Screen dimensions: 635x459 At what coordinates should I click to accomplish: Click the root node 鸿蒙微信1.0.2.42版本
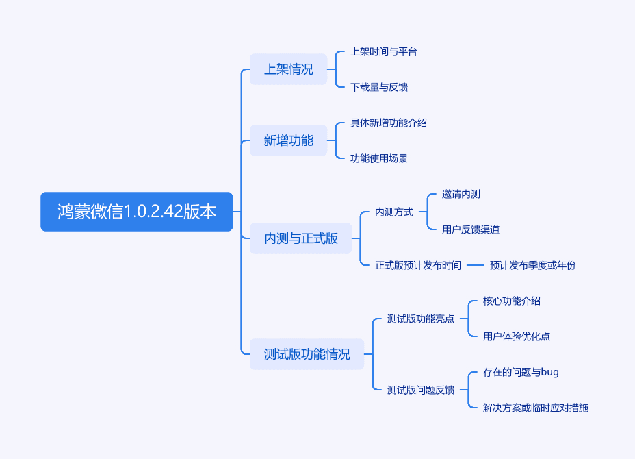tap(136, 212)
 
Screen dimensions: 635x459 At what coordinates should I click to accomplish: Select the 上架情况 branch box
tap(288, 69)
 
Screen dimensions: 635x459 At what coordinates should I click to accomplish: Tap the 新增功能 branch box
tap(288, 140)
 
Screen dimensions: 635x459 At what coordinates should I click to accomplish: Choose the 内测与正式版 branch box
tap(301, 238)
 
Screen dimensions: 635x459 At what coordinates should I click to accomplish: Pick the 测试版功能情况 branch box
tap(307, 354)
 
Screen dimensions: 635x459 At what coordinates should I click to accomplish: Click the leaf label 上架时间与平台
tap(383, 52)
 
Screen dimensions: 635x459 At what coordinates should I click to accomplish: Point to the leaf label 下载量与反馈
tap(379, 87)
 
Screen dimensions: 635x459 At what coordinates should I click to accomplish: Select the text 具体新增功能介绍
tap(389, 123)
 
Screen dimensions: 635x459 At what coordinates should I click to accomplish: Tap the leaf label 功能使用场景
tap(379, 158)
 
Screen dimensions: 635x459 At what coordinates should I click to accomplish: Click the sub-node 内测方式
tap(394, 212)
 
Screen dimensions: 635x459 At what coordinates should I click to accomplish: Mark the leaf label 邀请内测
tap(461, 195)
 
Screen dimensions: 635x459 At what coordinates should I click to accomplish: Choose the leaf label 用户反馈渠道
tap(471, 230)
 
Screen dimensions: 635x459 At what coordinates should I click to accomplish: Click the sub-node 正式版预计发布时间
tap(418, 266)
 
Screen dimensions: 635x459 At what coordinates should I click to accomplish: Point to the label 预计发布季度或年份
tap(532, 266)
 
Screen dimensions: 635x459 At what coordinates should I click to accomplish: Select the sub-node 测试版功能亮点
tap(421, 319)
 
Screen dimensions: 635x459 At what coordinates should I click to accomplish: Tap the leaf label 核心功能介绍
tap(512, 301)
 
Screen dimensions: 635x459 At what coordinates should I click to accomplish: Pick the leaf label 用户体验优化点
tap(517, 336)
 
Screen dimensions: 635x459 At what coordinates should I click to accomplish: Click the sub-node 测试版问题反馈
tap(421, 390)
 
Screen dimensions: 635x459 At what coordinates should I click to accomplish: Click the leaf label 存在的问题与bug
tap(521, 372)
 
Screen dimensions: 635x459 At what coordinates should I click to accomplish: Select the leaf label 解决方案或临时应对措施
tap(535, 408)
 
